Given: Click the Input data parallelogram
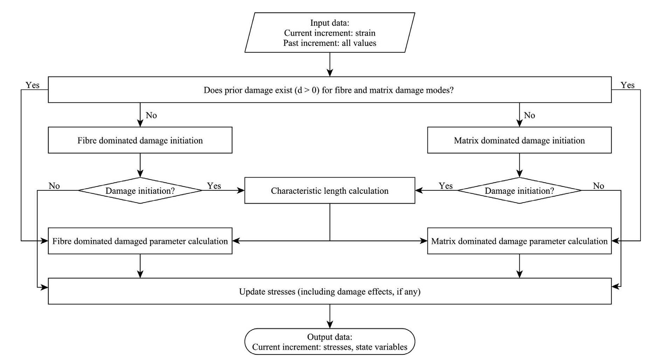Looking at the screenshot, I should pos(329,33).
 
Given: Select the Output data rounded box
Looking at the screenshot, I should pos(329,341).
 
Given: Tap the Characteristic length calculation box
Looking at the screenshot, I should pos(329,191).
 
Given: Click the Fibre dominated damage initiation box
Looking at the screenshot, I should pos(140,140).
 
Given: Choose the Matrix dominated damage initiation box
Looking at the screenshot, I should pos(519,140).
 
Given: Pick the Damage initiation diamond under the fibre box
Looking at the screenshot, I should pos(140,191).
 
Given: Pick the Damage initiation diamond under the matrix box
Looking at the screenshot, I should pos(519,191).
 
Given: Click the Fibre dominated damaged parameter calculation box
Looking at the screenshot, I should pos(140,241).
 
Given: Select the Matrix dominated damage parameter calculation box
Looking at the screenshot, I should pos(519,241).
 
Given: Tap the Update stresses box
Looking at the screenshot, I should pos(329,291).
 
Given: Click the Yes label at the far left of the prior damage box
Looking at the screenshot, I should pos(33,85).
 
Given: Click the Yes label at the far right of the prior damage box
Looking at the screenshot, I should pos(627,85).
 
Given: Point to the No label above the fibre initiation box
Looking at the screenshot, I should pos(151,115).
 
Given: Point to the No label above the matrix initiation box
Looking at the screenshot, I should pos(529,115).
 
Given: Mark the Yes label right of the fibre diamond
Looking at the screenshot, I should pos(214,186).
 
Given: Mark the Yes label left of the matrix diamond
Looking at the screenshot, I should pos(446,186).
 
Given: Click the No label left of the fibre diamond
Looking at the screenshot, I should pos(54,186).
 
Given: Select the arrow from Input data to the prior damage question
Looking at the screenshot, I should pos(329,65).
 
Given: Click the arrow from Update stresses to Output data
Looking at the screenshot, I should pos(329,316).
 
